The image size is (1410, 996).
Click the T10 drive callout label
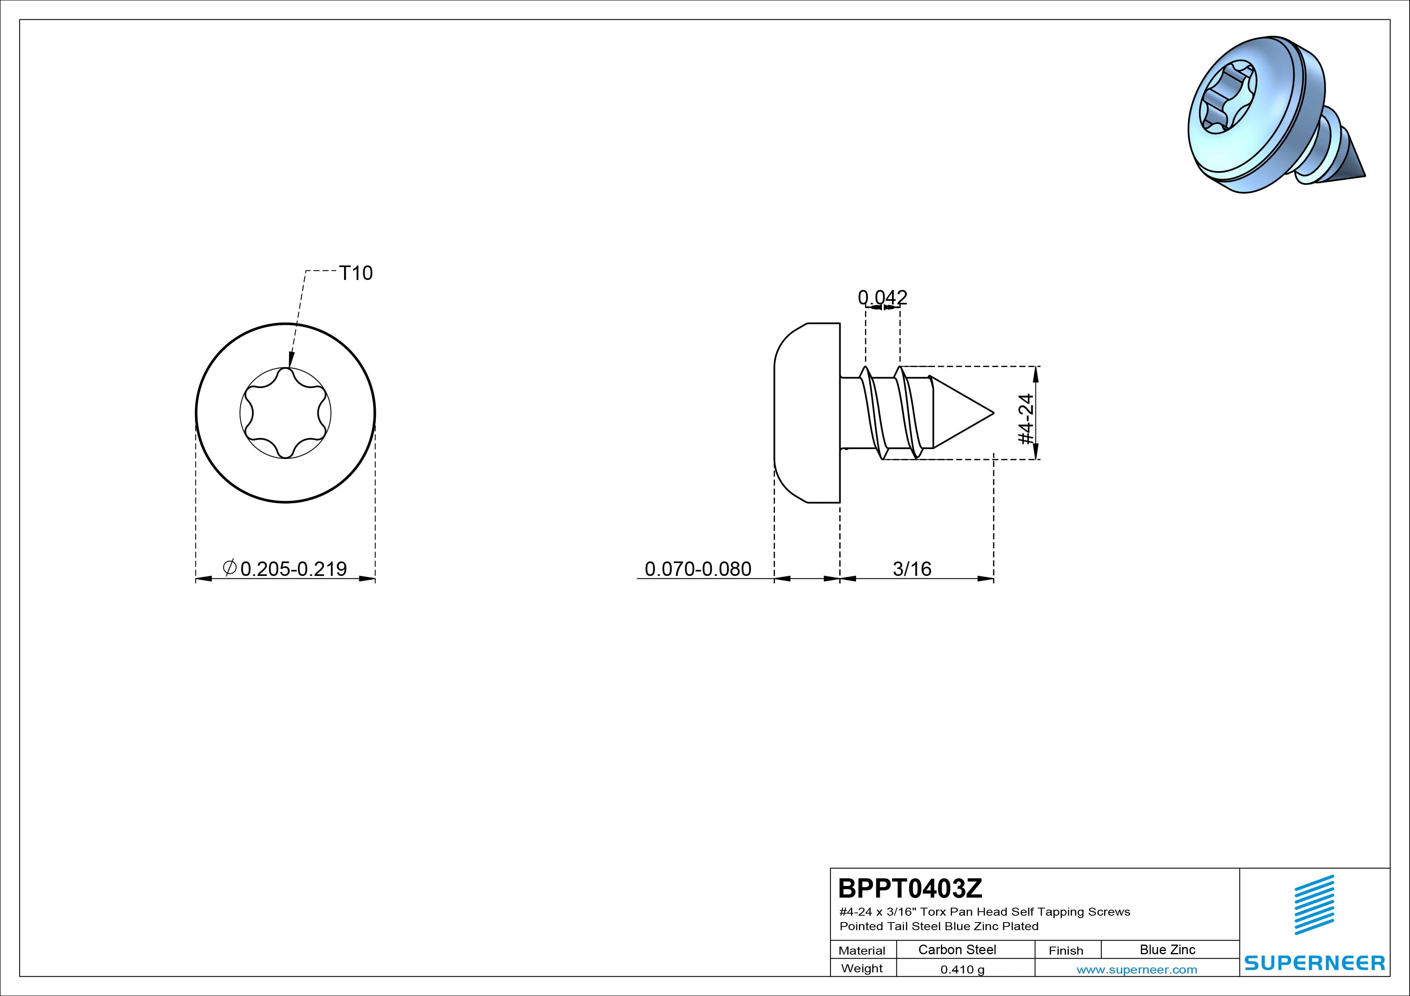(x=356, y=273)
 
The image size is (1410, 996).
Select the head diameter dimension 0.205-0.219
(x=293, y=569)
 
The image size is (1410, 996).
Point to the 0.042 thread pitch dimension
(x=883, y=298)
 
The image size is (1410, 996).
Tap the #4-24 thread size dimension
(x=1026, y=419)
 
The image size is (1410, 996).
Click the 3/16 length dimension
(x=912, y=569)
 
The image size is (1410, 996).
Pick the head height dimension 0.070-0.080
(x=698, y=569)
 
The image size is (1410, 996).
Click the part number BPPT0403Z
(x=910, y=888)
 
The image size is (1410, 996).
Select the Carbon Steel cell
(x=957, y=950)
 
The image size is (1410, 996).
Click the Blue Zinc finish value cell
(x=1167, y=950)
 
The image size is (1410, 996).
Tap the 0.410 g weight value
(x=962, y=969)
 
